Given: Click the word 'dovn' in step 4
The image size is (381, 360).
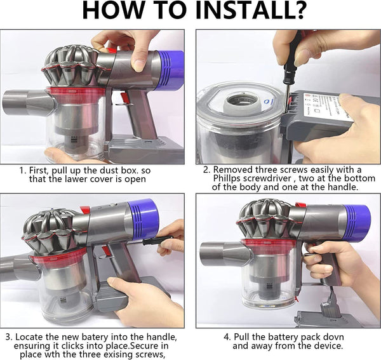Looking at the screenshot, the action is coord(333,337).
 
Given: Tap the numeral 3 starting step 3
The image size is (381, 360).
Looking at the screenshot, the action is coord(9,337).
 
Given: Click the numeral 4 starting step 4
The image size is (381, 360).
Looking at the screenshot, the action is coord(227,337).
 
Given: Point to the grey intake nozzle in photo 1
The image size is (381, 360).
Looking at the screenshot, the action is coord(27,102).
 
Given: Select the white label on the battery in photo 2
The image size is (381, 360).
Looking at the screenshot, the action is coord(328,106).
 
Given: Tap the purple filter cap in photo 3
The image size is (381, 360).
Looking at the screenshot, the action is coord(143,218).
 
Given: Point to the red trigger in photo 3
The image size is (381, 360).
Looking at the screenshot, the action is coord(106,251).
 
